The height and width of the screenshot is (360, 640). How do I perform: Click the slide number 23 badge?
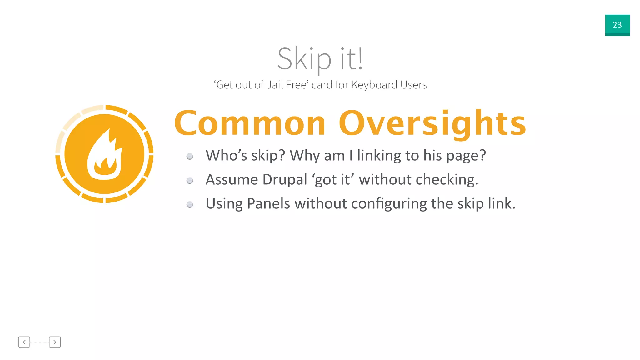(617, 25)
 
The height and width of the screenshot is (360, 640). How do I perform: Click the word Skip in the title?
(304, 59)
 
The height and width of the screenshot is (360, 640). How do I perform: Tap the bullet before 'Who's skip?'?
(190, 156)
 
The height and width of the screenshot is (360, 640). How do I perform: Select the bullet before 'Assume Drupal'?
(190, 180)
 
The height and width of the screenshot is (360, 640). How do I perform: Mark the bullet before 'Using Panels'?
(190, 204)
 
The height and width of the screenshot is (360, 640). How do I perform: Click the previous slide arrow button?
(24, 342)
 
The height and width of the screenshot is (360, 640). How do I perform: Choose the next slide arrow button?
(55, 342)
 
